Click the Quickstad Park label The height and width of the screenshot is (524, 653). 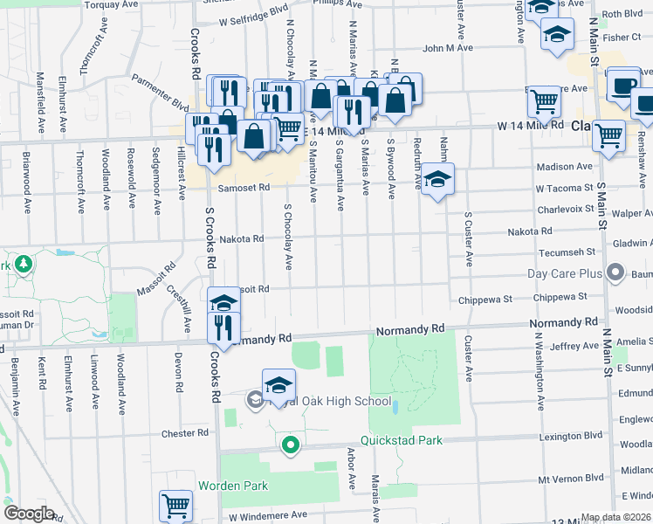tap(405, 441)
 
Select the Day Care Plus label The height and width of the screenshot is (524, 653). tap(566, 273)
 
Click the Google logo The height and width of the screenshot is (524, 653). tap(28, 514)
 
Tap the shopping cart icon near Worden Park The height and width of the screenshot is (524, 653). tap(175, 506)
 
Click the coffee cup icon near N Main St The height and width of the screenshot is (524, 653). tap(623, 84)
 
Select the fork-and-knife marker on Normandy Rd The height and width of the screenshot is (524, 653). tap(223, 327)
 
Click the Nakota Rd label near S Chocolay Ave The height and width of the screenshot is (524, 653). tap(241, 238)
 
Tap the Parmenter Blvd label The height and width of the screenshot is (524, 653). tap(160, 94)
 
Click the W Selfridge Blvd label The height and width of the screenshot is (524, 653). tap(254, 19)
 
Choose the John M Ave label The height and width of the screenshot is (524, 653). tap(448, 48)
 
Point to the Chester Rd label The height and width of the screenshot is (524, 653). tap(184, 433)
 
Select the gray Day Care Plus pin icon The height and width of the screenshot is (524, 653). tap(616, 273)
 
